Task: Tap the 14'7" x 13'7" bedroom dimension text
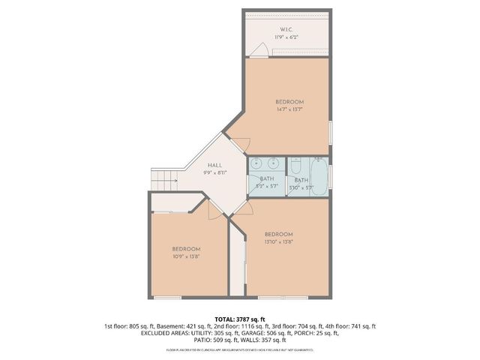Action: coord(289,109)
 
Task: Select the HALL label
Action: coord(214,165)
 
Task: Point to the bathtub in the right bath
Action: coord(319,178)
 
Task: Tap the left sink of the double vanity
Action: coord(256,163)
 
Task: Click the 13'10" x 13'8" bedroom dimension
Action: coord(278,241)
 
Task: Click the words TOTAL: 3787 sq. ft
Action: coord(240,319)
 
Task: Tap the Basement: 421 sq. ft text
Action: coord(172,326)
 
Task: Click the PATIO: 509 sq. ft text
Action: coord(215,340)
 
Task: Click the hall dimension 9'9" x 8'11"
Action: coord(214,172)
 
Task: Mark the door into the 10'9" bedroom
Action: coord(214,211)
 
